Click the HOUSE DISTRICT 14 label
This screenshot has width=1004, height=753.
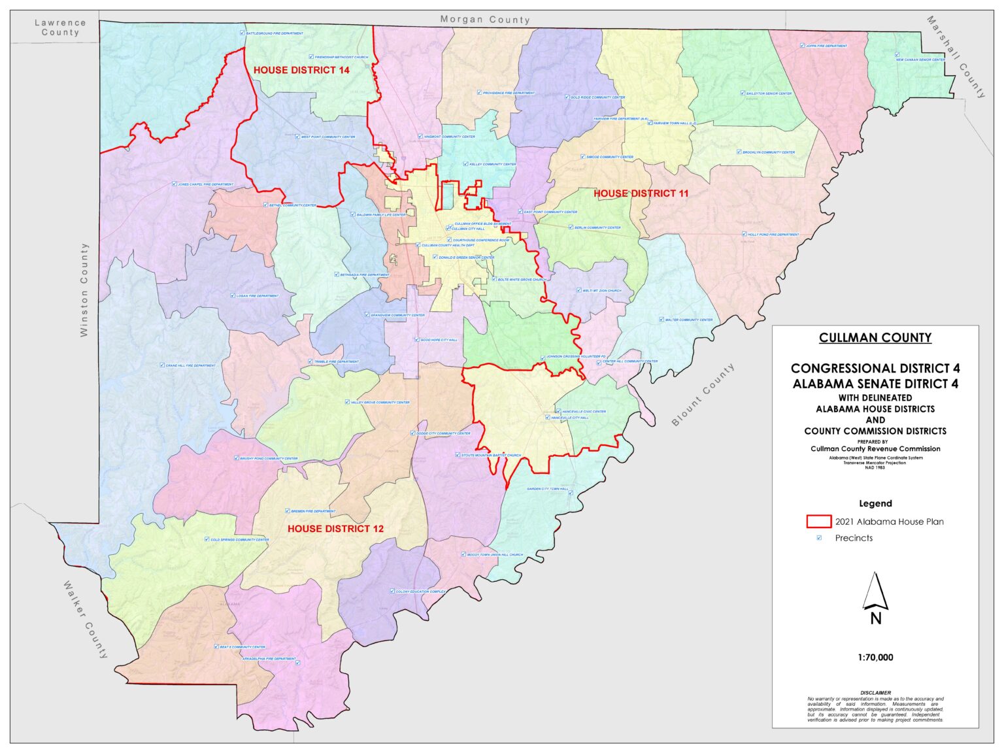tap(301, 70)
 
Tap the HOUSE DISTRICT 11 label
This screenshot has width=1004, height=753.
tap(641, 193)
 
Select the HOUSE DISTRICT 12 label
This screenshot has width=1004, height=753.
tap(335, 529)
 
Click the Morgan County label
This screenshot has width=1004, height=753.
tap(484, 20)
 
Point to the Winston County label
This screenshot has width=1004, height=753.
tap(84, 290)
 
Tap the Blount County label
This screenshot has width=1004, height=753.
tap(703, 395)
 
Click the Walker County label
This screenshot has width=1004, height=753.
tap(86, 619)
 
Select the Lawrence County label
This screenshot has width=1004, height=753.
tap(60, 27)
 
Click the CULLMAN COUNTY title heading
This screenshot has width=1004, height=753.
tap(875, 338)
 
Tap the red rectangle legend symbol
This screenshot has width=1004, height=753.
tap(818, 522)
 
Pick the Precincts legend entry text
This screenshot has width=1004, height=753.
tap(854, 538)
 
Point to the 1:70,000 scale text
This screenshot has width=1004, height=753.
tap(875, 658)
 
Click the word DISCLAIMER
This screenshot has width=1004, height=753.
tap(875, 692)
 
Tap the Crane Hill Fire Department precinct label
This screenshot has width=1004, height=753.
tap(190, 365)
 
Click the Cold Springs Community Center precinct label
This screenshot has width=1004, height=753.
tap(239, 540)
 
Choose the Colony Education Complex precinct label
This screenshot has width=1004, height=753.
tap(421, 592)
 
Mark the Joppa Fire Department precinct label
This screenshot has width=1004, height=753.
tap(826, 46)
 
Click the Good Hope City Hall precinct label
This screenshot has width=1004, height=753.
tap(439, 340)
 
